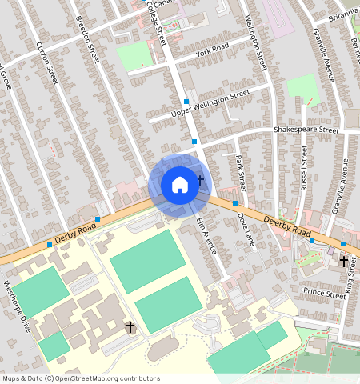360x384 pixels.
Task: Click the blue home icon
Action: coord(180,185)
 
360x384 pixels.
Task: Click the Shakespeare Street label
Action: coord(306,129)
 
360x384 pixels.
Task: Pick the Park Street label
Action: coord(240,173)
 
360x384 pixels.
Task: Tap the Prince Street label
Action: coord(324,295)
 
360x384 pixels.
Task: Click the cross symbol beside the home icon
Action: coord(200,181)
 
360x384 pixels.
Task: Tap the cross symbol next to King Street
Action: coord(344,261)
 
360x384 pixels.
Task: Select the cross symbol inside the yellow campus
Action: coord(130,327)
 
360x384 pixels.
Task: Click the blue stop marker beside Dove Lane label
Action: coord(235,203)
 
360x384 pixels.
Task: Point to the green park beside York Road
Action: coord(134,54)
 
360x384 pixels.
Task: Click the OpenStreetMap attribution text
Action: coord(81,378)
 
